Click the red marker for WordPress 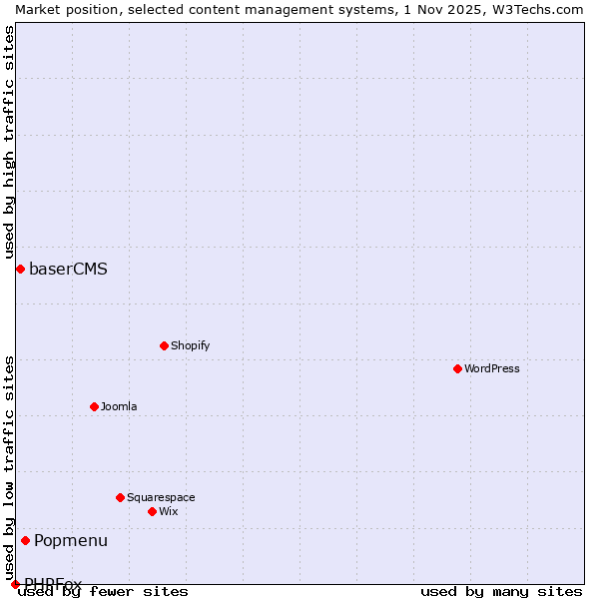tap(457, 368)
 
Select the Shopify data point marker tap(164, 345)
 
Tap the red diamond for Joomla tap(94, 406)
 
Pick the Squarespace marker tap(120, 497)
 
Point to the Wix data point tap(152, 511)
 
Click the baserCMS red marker tap(20, 269)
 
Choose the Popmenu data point tap(25, 540)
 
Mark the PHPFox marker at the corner tap(15, 584)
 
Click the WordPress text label tap(492, 368)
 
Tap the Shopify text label tap(191, 345)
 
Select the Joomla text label tap(119, 406)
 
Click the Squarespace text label tap(161, 497)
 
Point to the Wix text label tap(169, 511)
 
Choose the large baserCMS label tap(68, 269)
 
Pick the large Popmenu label tap(71, 540)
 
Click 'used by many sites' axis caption tap(501, 591)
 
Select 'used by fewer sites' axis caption tap(104, 591)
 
